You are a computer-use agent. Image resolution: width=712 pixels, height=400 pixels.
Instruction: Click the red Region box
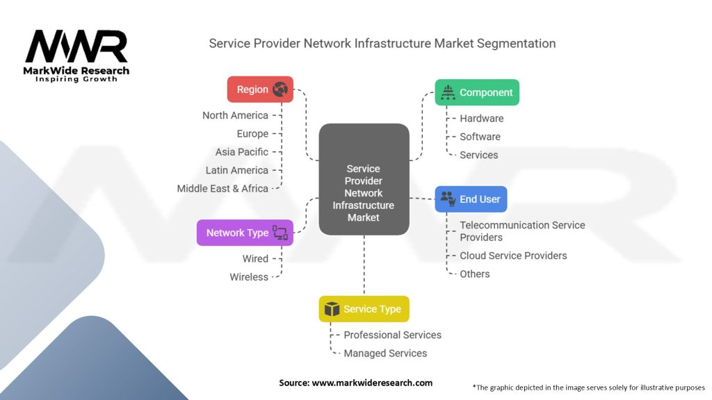coord(260,90)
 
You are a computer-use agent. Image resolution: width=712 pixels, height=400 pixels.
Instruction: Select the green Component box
coord(477,92)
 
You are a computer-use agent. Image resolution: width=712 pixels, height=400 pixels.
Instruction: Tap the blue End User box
coord(471,199)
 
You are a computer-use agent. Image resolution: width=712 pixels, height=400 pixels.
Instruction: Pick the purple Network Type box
coord(245,233)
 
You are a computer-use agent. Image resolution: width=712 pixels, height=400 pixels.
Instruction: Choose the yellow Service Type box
coord(364,309)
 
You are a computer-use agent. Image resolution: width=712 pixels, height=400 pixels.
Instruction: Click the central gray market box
coord(364,178)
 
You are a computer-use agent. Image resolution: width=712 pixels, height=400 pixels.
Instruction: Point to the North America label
coord(235,115)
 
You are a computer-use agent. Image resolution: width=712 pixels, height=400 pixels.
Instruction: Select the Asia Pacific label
coord(241,151)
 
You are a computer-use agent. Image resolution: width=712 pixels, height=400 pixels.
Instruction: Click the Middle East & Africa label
coord(222,188)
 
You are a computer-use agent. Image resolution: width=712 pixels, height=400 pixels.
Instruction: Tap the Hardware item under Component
coord(481,118)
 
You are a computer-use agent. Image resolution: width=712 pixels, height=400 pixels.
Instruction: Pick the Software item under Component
coord(480,137)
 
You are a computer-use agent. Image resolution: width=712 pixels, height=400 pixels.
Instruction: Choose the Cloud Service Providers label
coord(513,256)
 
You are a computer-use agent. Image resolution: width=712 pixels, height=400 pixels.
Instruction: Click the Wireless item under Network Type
coord(249,277)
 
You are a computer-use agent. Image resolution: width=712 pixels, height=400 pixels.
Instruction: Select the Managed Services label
coord(385,353)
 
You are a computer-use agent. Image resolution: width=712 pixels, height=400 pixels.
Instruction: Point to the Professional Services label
coord(392,335)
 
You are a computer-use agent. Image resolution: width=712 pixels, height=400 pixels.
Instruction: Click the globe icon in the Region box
coord(280,90)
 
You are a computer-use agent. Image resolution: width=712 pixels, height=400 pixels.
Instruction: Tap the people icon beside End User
coord(448,199)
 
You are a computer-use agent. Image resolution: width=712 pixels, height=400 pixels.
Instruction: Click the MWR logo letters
coord(76,47)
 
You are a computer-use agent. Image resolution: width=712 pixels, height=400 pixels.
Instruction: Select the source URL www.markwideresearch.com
coord(372,383)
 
